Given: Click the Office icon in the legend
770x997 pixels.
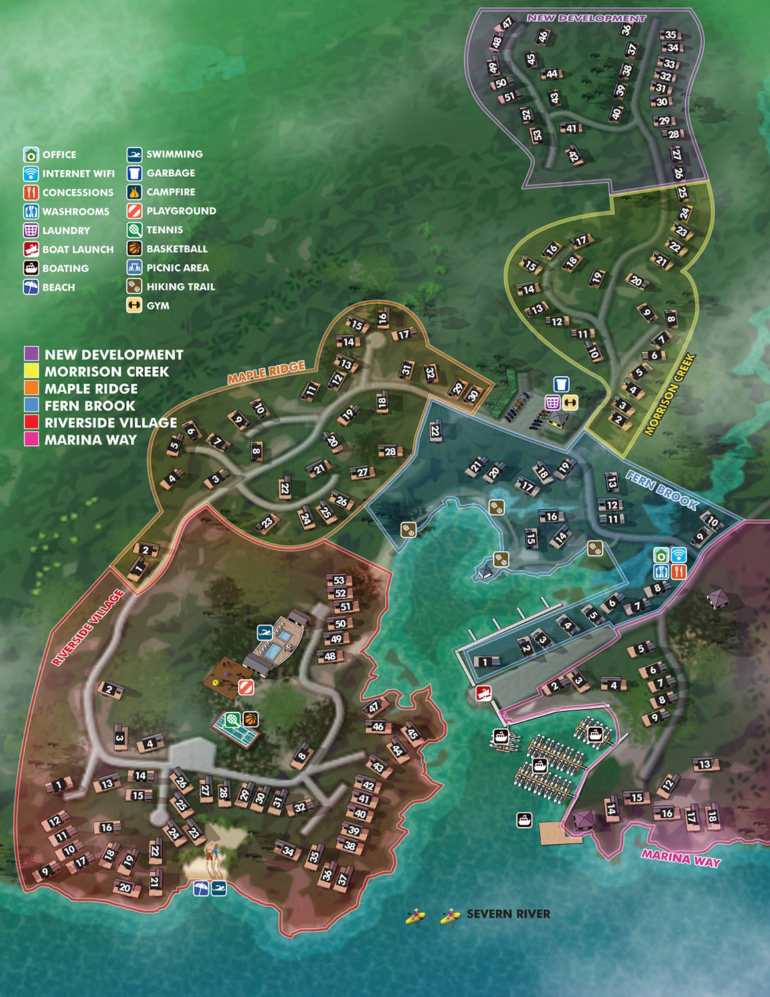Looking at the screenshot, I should pos(31,155).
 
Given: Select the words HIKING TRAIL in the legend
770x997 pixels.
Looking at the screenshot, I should pos(181,286).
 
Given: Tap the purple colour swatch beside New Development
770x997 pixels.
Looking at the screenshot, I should pos(32,354).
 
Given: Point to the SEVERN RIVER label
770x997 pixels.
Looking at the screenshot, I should pos(508,914).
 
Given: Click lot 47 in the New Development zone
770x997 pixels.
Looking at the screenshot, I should pos(508,23).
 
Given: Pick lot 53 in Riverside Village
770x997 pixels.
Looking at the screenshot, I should pos(339,581).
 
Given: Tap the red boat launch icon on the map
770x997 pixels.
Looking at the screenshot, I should pos(482,693).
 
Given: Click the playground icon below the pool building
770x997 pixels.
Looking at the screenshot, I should pos(246,687).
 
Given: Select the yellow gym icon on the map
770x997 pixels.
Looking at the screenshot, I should pos(570,402).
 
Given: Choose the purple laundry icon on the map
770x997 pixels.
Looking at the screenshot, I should pos(553,402).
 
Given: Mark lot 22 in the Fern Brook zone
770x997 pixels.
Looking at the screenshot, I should pos(436,431).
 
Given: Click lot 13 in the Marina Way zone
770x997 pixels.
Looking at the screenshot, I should pos(705,764).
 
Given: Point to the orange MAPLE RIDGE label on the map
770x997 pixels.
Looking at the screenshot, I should pos(266,372).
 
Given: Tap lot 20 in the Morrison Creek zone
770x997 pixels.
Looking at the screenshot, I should pos(636,281).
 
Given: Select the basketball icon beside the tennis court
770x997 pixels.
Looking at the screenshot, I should pos(250,719).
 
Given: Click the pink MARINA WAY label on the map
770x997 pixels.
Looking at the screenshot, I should pos(680,859).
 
